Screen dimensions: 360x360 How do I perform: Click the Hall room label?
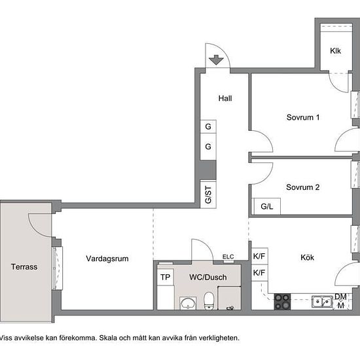click(x=225, y=98)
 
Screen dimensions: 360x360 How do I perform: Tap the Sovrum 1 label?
click(x=303, y=117)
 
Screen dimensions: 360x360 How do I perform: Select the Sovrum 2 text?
click(x=302, y=187)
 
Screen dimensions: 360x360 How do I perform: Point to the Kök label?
click(x=307, y=257)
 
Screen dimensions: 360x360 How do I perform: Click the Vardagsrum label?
click(x=107, y=259)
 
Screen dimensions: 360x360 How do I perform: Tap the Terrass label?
click(x=24, y=267)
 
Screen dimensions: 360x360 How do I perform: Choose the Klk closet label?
click(x=335, y=51)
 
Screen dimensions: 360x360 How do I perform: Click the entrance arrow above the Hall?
click(x=216, y=60)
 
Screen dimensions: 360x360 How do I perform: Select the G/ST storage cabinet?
click(x=208, y=194)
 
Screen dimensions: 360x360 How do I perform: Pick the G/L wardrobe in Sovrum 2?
click(x=266, y=206)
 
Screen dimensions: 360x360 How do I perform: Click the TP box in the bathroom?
click(x=166, y=277)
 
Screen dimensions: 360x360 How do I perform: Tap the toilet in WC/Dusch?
click(x=209, y=300)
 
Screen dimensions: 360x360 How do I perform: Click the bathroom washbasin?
click(x=188, y=303)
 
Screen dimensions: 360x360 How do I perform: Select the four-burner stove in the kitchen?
click(x=282, y=302)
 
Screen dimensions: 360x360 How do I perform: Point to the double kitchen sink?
click(x=322, y=302)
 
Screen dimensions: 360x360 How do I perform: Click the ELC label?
click(x=228, y=257)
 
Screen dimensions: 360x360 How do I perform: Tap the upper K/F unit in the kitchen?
click(x=260, y=256)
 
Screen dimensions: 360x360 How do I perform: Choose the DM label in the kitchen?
click(x=340, y=297)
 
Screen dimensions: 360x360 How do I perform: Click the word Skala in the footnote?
click(x=109, y=338)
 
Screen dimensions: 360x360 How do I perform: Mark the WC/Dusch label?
click(x=208, y=277)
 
